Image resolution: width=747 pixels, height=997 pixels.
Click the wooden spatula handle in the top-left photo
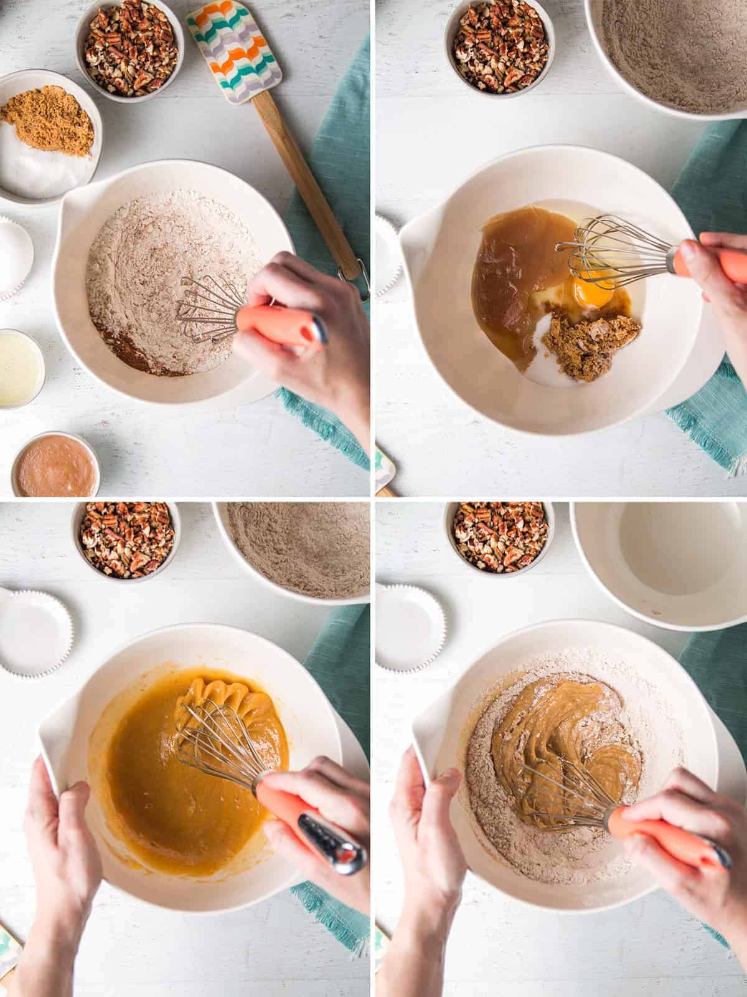pyautogui.click(x=305, y=187)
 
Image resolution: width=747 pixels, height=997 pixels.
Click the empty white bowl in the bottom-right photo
pyautogui.click(x=660, y=561)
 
